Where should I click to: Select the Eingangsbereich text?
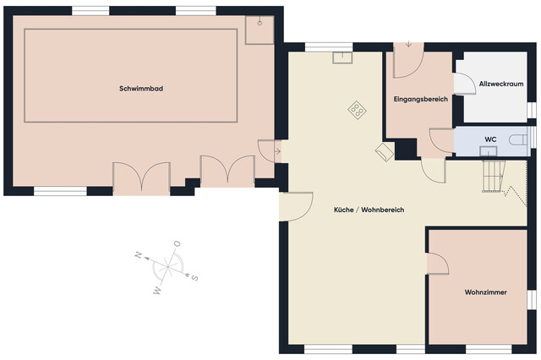[x=420, y=100]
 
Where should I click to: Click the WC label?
[x=489, y=139]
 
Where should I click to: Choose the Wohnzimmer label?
[x=485, y=292]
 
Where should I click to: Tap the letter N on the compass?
[x=136, y=253]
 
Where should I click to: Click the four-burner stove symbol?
[x=358, y=109]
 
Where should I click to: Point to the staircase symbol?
[x=493, y=176]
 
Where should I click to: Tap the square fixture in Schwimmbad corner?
[x=257, y=30]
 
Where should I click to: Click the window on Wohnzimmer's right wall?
[x=533, y=300]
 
